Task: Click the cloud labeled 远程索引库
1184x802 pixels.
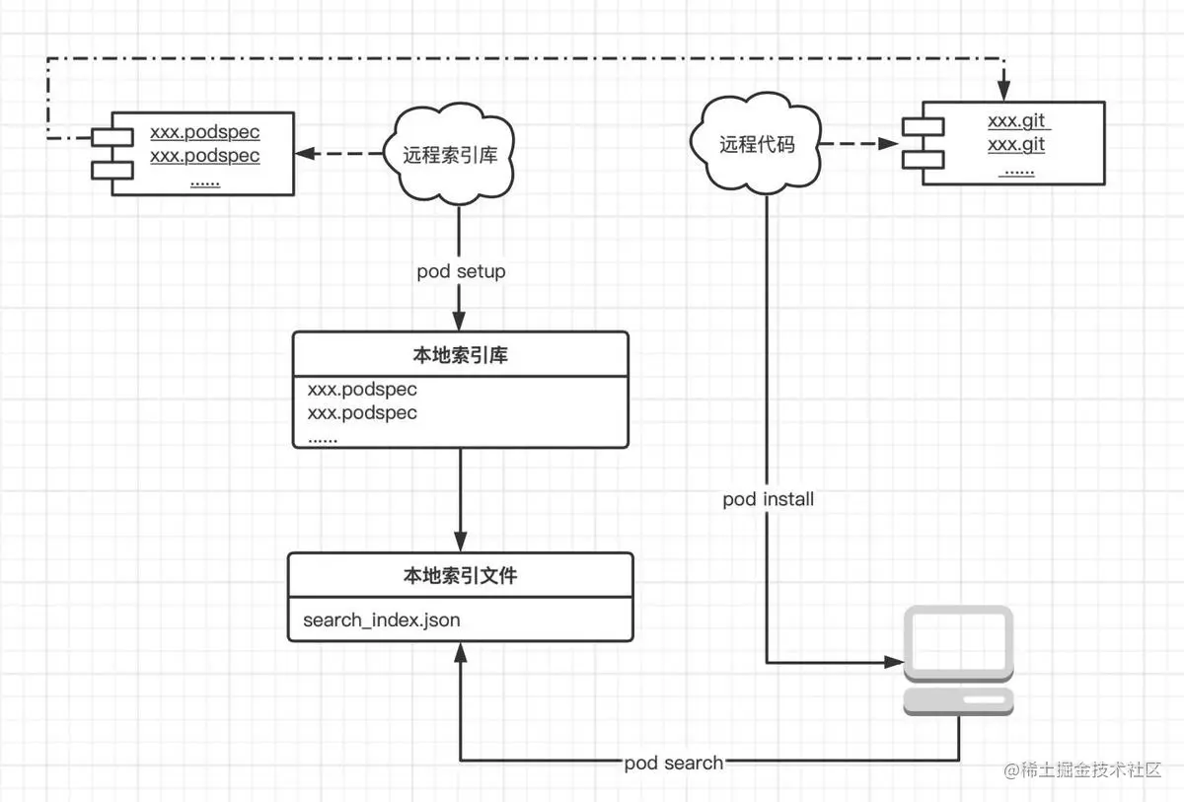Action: (452, 155)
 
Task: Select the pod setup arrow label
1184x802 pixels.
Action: (461, 271)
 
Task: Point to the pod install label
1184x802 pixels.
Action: (768, 499)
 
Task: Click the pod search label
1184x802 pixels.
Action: (673, 763)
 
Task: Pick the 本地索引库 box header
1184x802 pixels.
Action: (460, 355)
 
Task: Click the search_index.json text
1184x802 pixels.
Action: (381, 620)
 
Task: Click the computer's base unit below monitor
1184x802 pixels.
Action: (959, 700)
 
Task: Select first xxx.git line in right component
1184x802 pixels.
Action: (1018, 122)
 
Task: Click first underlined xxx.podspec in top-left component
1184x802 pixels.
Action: (204, 132)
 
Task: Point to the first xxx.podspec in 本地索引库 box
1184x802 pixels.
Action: (362, 390)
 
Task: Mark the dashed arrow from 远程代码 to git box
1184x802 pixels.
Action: (858, 144)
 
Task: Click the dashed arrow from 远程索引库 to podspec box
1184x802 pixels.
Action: (340, 154)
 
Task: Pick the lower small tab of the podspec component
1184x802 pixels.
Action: (111, 171)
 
